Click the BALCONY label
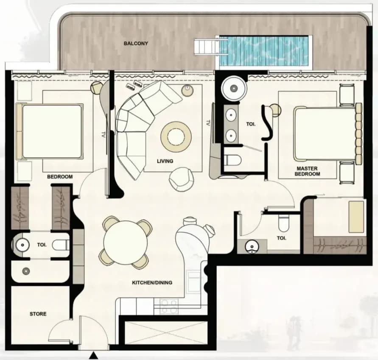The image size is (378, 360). [x=136, y=44]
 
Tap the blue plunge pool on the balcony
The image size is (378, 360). [x=264, y=51]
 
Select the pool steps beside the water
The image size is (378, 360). [x=207, y=47]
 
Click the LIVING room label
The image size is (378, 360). [x=165, y=161]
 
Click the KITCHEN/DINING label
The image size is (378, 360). [x=152, y=282]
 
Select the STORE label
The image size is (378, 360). [x=38, y=314]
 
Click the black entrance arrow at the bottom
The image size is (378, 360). [x=93, y=355]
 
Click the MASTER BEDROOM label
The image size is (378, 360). [x=308, y=171]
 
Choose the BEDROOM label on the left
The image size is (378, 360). [x=60, y=177]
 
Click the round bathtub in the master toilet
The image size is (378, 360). [x=234, y=88]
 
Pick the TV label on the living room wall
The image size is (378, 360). [x=208, y=123]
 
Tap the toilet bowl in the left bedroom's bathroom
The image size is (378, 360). [x=60, y=246]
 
